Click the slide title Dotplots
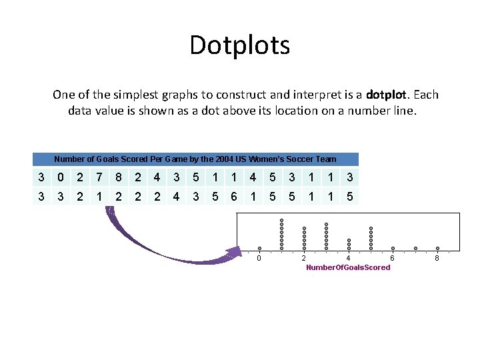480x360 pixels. tap(239, 45)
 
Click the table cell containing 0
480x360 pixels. tap(61, 177)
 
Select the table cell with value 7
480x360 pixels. tap(99, 177)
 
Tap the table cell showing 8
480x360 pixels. tap(118, 177)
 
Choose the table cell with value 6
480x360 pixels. tap(233, 197)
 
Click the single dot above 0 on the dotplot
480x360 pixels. tap(259, 249)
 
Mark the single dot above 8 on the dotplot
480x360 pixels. tap(437, 249)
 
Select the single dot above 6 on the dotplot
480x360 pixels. tap(393, 249)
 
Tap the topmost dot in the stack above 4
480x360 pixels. tap(349, 240)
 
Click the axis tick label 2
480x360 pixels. tap(304, 258)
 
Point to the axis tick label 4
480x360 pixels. tap(349, 258)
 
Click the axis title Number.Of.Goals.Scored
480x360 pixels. tap(348, 267)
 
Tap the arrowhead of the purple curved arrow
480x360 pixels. tap(233, 253)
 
